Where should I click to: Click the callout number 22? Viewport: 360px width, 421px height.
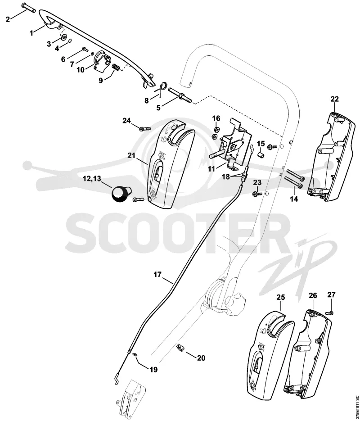tap(334, 99)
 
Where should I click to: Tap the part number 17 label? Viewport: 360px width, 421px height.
tap(157, 274)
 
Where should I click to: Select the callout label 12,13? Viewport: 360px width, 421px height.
tap(92, 179)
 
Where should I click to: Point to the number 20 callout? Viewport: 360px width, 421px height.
tap(201, 358)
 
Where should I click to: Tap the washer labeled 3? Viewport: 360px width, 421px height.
tap(64, 37)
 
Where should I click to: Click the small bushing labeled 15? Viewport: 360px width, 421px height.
tap(261, 155)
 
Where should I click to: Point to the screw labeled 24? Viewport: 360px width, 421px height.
tap(145, 129)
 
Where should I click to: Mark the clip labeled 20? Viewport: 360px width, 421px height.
tap(180, 348)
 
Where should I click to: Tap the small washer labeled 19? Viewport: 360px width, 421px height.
tap(135, 354)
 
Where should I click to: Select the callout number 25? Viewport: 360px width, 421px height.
tap(281, 298)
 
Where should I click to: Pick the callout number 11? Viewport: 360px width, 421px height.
tap(211, 169)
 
